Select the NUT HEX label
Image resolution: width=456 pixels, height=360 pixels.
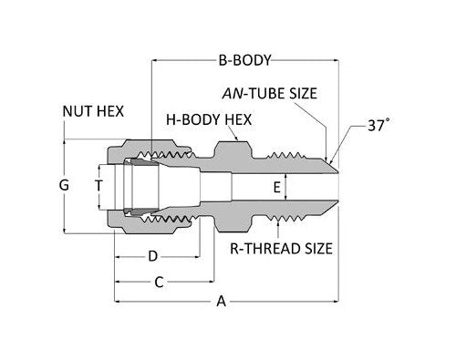click(95, 111)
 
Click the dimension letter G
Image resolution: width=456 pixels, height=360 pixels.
click(64, 185)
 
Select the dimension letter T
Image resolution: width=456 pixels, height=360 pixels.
click(99, 185)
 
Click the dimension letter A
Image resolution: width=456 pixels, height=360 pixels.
click(222, 302)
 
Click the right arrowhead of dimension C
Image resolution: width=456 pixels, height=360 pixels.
click(209, 283)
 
